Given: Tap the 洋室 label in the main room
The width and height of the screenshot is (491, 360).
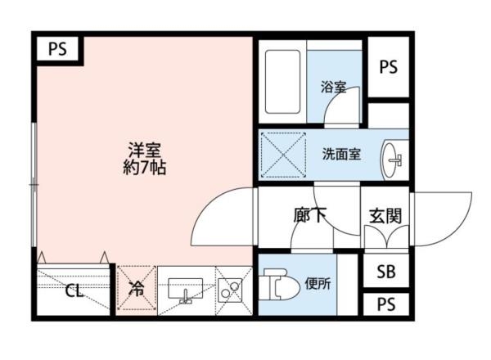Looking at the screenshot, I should click(x=143, y=151).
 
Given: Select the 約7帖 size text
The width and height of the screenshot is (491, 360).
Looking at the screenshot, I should click(x=144, y=169).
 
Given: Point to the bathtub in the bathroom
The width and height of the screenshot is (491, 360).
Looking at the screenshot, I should click(x=283, y=82).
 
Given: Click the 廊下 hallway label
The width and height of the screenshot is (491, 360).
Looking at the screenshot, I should click(x=310, y=216).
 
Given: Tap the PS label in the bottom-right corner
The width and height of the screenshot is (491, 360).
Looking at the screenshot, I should click(x=386, y=304).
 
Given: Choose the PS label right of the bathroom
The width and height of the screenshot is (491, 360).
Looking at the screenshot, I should click(x=387, y=68).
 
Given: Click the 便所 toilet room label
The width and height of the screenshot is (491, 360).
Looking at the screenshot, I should click(x=317, y=285).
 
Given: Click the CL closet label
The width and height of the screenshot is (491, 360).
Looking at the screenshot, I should click(x=74, y=291).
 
